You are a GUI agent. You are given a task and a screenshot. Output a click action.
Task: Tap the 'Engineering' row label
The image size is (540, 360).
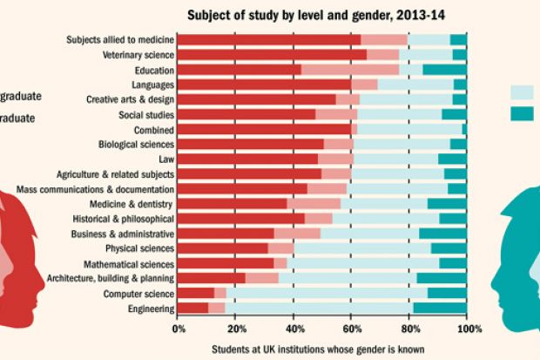coord(150,309)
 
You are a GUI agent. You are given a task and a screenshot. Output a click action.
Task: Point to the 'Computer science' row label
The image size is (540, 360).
coord(139,294)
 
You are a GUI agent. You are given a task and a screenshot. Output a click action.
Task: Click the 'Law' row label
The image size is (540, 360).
coord(166,160)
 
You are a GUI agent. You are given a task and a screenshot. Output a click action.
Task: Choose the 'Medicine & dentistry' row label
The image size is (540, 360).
coord(132,204)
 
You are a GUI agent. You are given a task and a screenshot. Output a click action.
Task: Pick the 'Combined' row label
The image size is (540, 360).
coord(155,129)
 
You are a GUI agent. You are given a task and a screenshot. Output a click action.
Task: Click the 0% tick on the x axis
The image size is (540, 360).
coord(178,329)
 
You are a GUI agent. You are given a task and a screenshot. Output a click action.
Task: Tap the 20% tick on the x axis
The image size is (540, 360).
coord(236,329)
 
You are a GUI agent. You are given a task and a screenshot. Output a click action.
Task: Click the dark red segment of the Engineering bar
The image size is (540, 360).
coord(192,309)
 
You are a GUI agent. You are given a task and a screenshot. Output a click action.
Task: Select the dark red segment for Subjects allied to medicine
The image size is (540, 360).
coord(268,40)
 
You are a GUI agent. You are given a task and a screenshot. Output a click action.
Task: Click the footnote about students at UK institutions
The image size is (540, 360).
coord(318,350)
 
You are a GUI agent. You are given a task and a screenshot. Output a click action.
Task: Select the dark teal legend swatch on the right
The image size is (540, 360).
coord(522,113)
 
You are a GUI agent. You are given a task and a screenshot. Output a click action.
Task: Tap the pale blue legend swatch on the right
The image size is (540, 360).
coord(522,92)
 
